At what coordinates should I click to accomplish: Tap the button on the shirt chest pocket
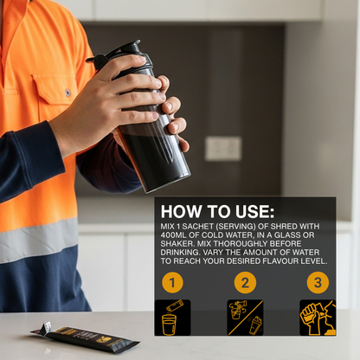point(67,93)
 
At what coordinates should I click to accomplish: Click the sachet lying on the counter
point(86,337)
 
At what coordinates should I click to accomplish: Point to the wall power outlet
point(223,149)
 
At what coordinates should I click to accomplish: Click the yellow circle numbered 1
point(172,282)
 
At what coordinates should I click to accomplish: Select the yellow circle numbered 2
point(245,282)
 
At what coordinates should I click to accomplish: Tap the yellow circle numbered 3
point(318,282)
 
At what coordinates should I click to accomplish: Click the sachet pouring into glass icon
point(172,318)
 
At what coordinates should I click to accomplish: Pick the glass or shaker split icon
point(245,318)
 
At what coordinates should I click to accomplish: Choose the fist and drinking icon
point(318,318)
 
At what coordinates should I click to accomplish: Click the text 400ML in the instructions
point(173,235)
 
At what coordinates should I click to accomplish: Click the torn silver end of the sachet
point(46,326)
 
